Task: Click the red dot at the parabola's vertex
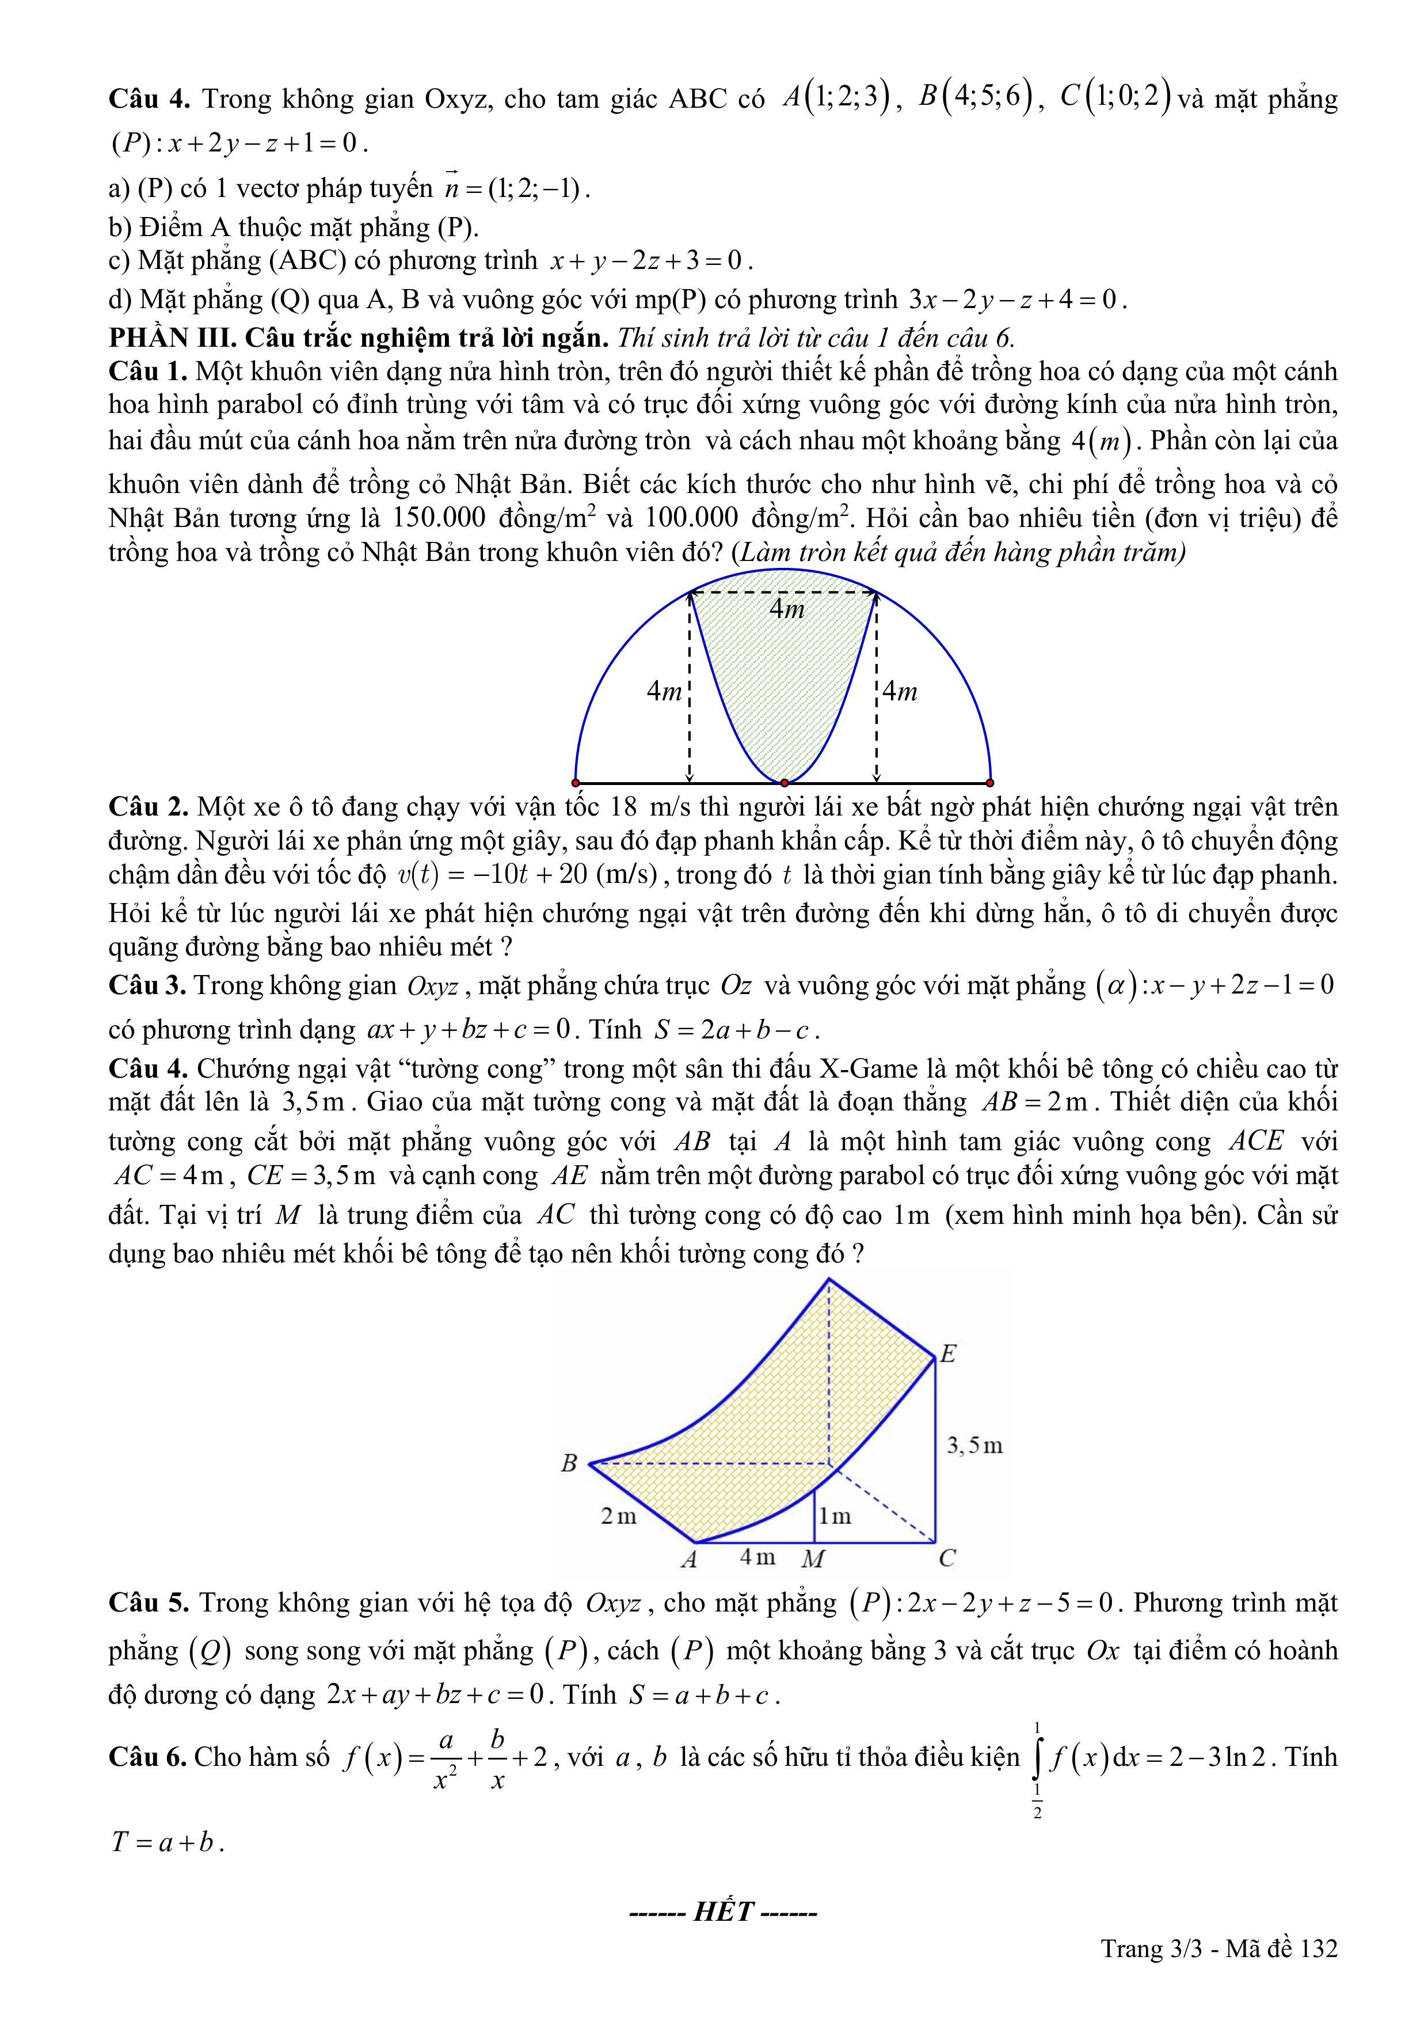pos(784,782)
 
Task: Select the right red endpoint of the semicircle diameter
pos(990,782)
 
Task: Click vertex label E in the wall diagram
pos(947,1354)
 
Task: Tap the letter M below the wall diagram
pos(813,1559)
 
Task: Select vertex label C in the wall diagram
pos(947,1558)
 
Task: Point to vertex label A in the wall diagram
pos(689,1559)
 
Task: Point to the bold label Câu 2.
pos(148,806)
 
